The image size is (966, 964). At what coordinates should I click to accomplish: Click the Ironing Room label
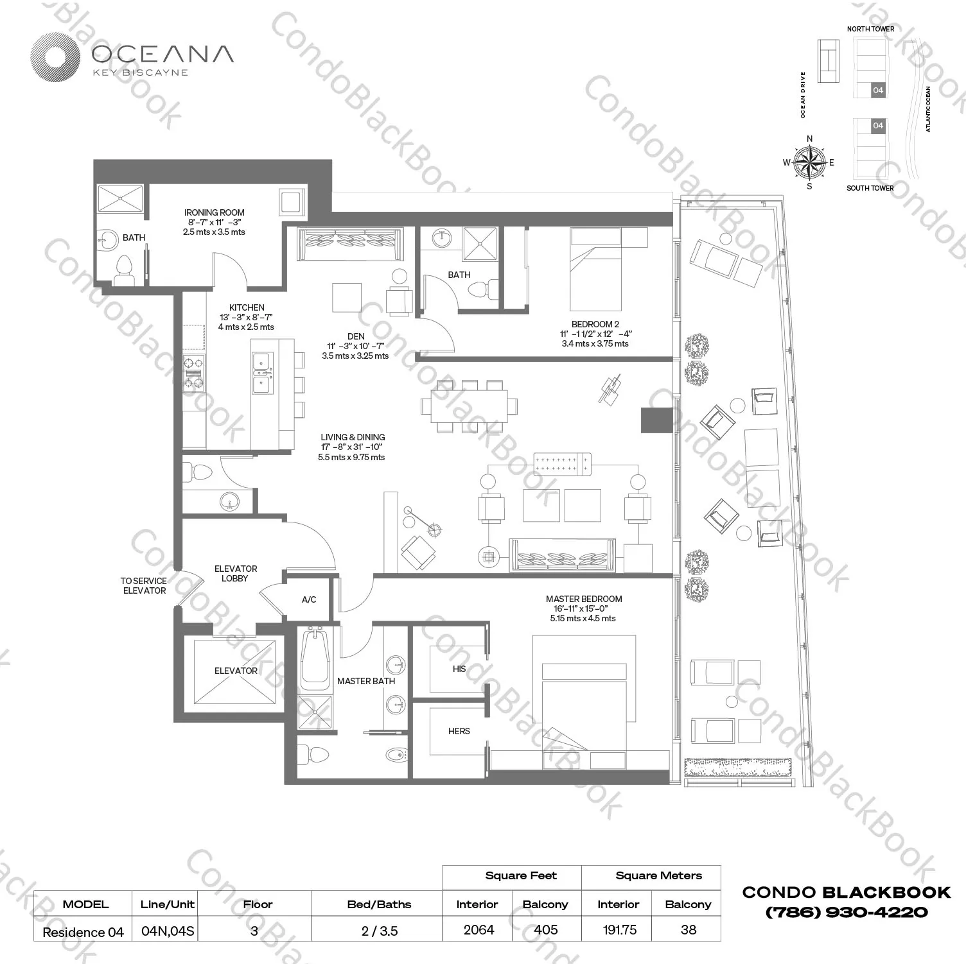click(x=214, y=212)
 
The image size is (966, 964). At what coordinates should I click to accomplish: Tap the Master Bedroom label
click(x=583, y=599)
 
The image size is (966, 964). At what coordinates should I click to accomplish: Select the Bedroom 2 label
click(x=595, y=324)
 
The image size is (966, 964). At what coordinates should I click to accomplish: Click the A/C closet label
click(x=309, y=599)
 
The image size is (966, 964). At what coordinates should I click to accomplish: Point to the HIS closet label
click(x=459, y=669)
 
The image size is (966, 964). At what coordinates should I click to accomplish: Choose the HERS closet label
click(x=459, y=731)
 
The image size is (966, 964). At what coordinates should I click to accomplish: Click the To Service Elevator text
click(x=144, y=585)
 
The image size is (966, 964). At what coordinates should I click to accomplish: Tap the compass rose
click(x=809, y=162)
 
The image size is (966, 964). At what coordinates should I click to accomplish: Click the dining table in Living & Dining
click(x=470, y=406)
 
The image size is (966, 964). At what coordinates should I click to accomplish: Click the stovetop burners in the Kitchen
click(x=193, y=372)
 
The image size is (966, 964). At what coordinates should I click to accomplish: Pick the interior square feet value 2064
click(x=479, y=929)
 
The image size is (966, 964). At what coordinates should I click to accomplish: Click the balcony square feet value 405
click(x=545, y=929)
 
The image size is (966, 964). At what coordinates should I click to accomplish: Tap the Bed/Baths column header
click(x=379, y=904)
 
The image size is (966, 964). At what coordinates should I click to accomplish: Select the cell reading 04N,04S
click(x=167, y=931)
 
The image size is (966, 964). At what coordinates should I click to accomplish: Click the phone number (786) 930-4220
click(x=846, y=912)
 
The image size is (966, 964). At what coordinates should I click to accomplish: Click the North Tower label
click(x=870, y=29)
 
